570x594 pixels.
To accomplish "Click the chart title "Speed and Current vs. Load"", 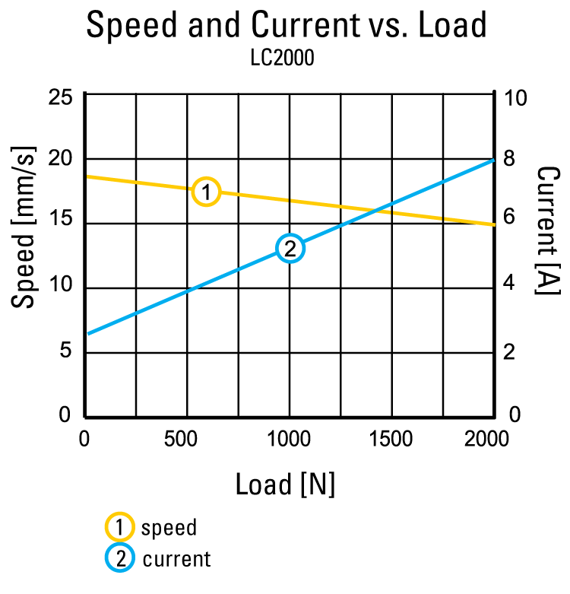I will pos(286,26).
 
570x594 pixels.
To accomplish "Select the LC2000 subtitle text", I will pos(282,59).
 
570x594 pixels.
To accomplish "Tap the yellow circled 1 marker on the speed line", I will pos(206,192).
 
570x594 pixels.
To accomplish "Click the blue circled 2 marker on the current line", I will pos(290,248).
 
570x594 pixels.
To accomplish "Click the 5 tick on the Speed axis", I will pos(65,351).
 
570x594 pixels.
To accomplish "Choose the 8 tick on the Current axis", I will pos(509,159).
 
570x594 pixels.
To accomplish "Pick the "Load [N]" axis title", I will pos(285,484).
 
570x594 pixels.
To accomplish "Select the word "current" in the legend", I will pos(176,560).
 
